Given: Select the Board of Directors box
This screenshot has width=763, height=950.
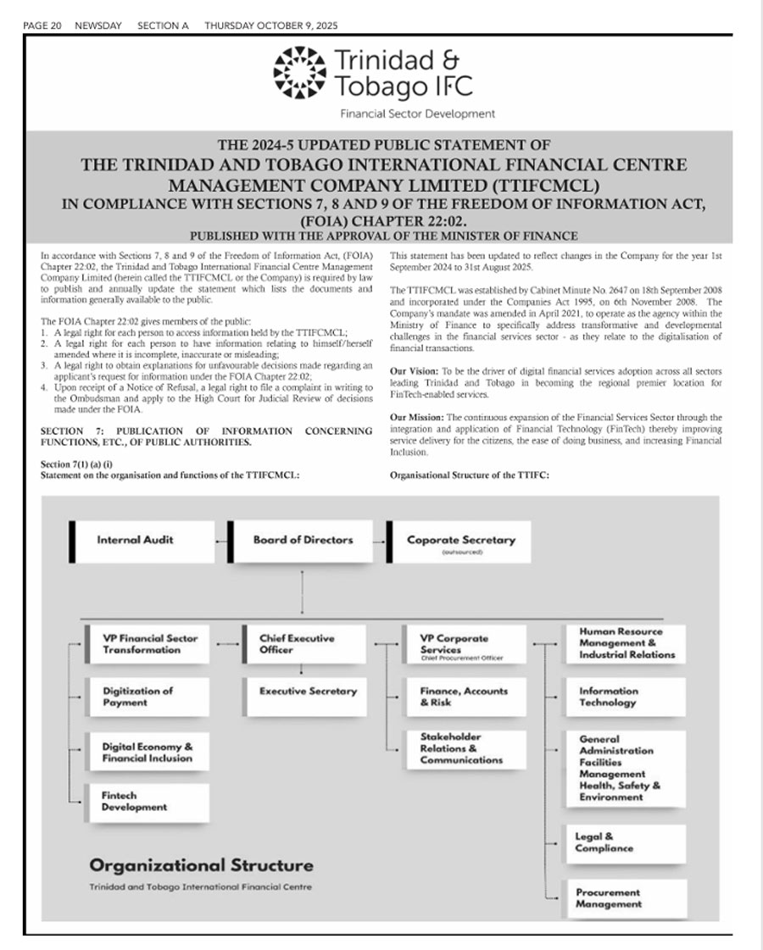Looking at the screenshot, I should pos(303,540).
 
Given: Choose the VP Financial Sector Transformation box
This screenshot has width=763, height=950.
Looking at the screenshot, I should pos(148,644).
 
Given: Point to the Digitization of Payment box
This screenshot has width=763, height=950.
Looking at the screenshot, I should pos(148,697).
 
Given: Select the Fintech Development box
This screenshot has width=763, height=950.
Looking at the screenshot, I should pos(148,802).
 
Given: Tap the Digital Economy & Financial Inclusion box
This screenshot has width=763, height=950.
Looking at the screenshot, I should pos(148,753).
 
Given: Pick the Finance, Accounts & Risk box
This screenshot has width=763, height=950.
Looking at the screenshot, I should pos(464,697).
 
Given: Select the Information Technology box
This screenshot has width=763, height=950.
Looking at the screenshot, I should pos(626,697).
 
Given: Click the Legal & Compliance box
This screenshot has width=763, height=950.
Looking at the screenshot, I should pos(626,842).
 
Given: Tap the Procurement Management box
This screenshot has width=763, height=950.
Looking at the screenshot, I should pos(626,898).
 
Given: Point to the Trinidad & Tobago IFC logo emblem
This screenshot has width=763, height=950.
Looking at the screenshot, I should pos(299,71).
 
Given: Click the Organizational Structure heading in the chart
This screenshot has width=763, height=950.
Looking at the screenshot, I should pos(201,865).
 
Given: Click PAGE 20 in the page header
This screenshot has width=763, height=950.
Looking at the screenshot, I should pos(42,25).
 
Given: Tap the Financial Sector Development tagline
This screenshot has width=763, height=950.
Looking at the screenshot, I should pos(417,114).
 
